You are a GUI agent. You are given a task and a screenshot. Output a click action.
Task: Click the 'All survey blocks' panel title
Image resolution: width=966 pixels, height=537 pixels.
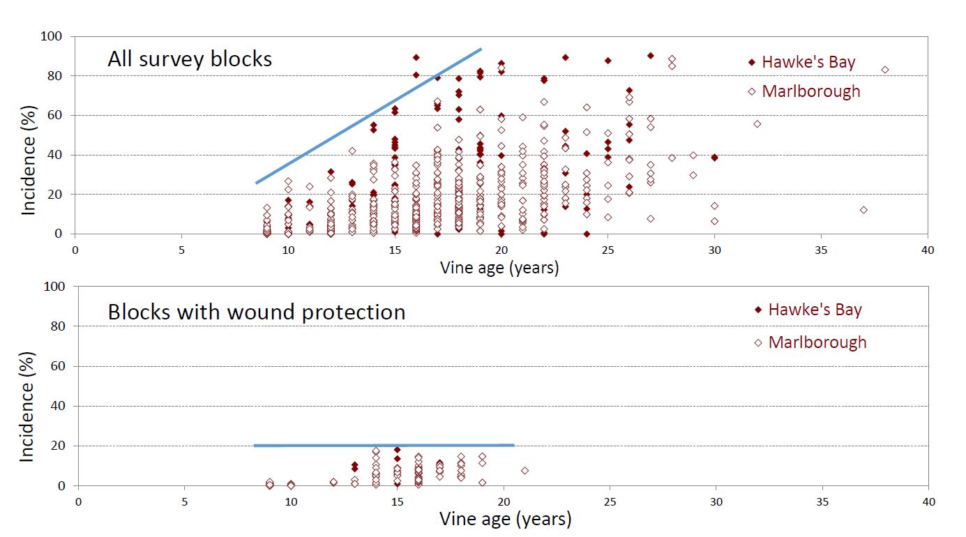click(190, 59)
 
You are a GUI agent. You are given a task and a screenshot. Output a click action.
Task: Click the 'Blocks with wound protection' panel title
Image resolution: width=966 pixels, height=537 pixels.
click(257, 312)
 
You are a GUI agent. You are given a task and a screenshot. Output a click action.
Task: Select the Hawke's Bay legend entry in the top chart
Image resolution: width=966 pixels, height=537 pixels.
click(801, 62)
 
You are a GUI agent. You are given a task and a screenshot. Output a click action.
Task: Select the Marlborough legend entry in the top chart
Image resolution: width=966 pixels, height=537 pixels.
click(804, 91)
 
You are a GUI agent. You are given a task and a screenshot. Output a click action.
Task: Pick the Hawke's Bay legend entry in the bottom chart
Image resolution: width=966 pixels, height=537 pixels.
click(808, 310)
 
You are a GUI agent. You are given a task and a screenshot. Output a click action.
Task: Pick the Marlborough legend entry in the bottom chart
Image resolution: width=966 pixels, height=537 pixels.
click(810, 342)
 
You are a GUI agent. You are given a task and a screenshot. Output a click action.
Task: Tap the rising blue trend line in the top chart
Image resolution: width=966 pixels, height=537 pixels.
click(369, 116)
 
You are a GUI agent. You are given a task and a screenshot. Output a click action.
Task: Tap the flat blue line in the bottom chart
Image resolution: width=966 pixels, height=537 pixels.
click(384, 445)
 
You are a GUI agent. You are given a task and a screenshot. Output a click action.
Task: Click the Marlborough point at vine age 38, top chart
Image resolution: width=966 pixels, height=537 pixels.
click(885, 70)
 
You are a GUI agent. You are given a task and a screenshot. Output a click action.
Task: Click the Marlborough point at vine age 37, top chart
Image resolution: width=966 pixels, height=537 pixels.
click(863, 210)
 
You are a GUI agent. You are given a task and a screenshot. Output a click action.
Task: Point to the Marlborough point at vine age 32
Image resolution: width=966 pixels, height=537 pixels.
click(757, 124)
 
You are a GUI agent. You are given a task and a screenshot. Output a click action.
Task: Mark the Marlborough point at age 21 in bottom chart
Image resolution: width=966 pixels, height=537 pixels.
click(524, 471)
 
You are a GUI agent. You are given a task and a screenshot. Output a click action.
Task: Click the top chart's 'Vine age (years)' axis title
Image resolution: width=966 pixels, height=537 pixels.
click(499, 268)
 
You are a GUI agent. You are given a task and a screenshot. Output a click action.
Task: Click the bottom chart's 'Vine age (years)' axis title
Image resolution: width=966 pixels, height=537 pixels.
click(506, 518)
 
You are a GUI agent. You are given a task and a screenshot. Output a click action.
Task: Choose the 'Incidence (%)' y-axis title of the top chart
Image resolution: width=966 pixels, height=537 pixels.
click(29, 160)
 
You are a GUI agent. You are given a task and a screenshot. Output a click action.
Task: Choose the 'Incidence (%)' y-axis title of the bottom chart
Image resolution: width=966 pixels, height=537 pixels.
click(27, 407)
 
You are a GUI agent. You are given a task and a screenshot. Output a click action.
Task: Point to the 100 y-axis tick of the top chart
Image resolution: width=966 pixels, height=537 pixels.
click(52, 36)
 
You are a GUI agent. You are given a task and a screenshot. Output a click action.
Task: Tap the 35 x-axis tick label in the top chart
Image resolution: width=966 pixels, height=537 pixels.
click(821, 250)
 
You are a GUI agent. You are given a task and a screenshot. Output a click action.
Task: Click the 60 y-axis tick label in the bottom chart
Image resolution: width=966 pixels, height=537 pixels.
click(58, 366)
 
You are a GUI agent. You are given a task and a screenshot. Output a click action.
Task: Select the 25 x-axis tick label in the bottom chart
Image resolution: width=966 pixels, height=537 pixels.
click(610, 502)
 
